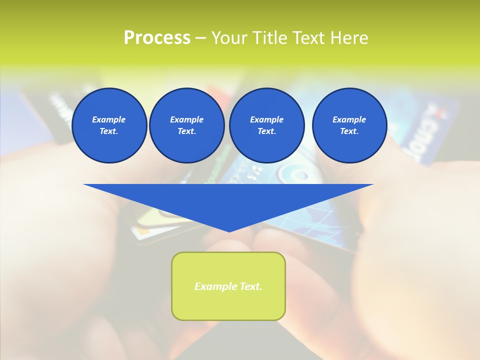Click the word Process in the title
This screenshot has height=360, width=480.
coord(157,38)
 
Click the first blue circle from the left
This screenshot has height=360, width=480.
coord(109,125)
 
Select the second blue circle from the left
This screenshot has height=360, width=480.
coord(186,125)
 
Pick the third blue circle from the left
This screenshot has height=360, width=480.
coord(266,125)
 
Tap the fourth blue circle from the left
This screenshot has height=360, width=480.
coord(349,125)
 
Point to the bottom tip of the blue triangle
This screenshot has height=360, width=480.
coord(229,231)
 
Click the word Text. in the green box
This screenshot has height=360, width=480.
coord(250,286)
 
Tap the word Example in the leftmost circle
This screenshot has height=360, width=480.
coord(109,119)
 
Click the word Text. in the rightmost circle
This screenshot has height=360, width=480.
coord(349,131)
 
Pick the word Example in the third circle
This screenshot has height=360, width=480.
coord(266,119)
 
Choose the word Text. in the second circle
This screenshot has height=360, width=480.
coord(186,131)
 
